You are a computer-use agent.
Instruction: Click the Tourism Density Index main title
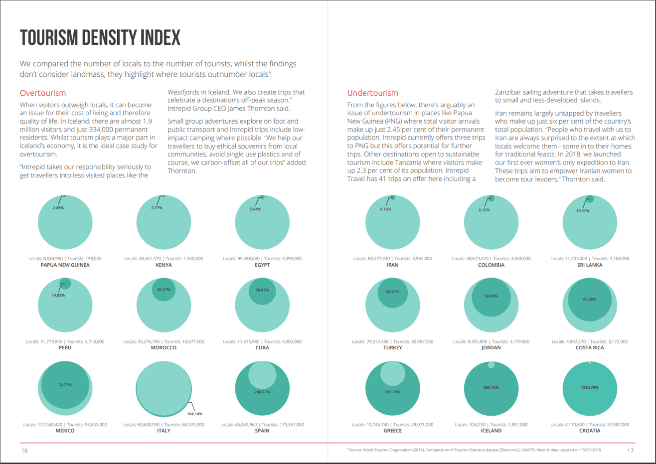(100, 38)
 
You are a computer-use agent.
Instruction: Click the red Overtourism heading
(43, 93)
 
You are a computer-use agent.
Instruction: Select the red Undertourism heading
(372, 93)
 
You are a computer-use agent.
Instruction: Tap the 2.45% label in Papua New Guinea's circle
(58, 208)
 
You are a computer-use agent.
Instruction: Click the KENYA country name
(164, 265)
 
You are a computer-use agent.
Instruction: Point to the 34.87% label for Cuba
(262, 290)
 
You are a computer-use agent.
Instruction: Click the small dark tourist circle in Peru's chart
(65, 284)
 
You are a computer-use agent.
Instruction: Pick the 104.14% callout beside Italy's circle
(194, 414)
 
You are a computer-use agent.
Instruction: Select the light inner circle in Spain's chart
(262, 375)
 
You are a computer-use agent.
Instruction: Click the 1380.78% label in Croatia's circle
(589, 387)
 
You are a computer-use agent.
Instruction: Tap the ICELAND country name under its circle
(491, 431)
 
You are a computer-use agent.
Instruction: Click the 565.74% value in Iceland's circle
(491, 387)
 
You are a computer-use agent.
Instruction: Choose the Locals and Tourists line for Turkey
(392, 341)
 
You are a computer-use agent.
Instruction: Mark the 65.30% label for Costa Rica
(589, 299)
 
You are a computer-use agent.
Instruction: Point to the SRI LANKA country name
(590, 265)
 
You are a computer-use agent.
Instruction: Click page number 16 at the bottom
(24, 451)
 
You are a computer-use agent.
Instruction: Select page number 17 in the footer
(630, 451)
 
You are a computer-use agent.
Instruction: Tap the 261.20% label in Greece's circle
(392, 392)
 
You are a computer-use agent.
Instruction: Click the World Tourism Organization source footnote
(474, 450)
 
